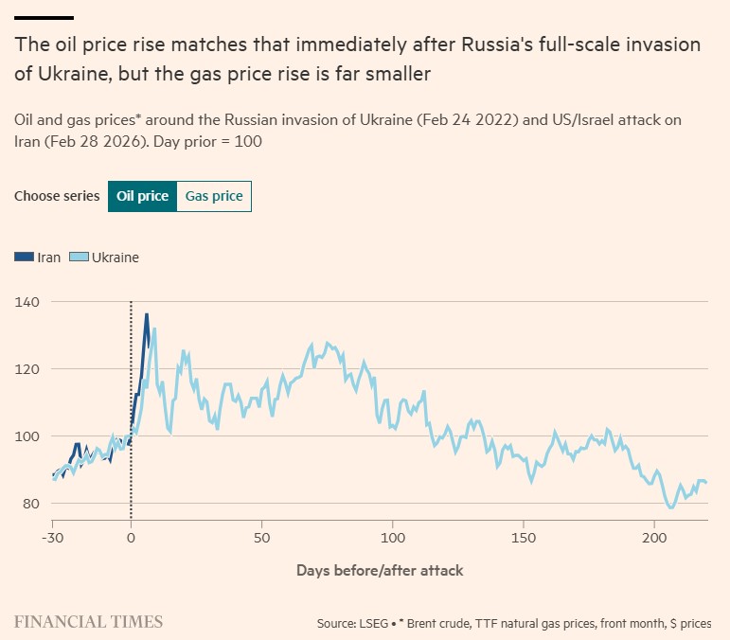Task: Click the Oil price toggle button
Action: pyautogui.click(x=142, y=196)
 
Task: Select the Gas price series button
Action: pyautogui.click(x=214, y=196)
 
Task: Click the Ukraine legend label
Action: pyautogui.click(x=115, y=257)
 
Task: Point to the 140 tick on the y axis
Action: pyautogui.click(x=27, y=302)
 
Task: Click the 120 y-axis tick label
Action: pyautogui.click(x=27, y=369)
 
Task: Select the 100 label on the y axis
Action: pyautogui.click(x=27, y=436)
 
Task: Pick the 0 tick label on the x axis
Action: pyautogui.click(x=131, y=537)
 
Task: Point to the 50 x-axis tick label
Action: pyautogui.click(x=261, y=537)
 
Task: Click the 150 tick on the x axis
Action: pyautogui.click(x=523, y=537)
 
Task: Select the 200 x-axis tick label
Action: pyautogui.click(x=653, y=537)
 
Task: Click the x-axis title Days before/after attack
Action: pyautogui.click(x=379, y=570)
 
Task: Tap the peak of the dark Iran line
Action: pyautogui.click(x=147, y=314)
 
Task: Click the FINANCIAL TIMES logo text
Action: pyautogui.click(x=88, y=622)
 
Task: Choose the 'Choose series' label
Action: pyautogui.click(x=57, y=196)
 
